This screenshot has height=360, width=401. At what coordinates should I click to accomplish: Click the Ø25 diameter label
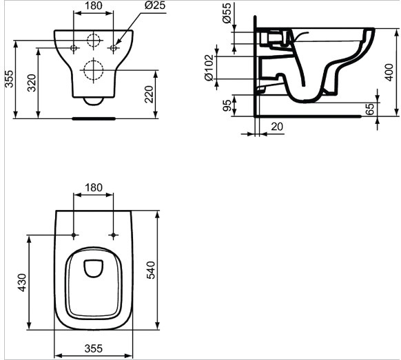coord(155,5)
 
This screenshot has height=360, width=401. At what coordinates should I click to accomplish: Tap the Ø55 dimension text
coord(227,13)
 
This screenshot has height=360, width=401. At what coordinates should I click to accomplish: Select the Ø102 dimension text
coord(209,67)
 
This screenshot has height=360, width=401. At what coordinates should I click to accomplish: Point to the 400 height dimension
coord(389,72)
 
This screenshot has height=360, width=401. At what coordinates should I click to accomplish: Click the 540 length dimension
coord(151,270)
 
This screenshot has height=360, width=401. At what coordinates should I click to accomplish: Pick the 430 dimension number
coord(22,283)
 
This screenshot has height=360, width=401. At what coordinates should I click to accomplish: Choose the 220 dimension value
coord(149,94)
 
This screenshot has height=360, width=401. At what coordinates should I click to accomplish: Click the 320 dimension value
coord(32,83)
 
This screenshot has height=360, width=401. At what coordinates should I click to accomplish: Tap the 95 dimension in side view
coord(227,105)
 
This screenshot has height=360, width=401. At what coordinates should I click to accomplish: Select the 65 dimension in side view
coord(369,109)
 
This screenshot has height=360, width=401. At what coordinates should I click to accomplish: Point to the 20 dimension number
coord(277,127)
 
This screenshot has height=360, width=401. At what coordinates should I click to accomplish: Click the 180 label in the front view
coord(93,6)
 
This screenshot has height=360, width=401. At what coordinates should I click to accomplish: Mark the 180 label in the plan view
coord(93,187)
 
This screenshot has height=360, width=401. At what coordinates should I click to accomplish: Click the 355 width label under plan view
coord(94,348)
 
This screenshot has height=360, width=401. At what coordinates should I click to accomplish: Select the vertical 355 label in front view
coord(10,78)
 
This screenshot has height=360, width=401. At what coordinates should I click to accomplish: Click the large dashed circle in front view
coord(93,70)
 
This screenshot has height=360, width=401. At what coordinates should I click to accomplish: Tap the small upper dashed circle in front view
coord(93,41)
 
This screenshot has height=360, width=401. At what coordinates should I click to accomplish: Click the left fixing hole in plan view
coord(74,235)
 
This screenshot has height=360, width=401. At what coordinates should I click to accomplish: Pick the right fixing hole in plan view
coord(113,235)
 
